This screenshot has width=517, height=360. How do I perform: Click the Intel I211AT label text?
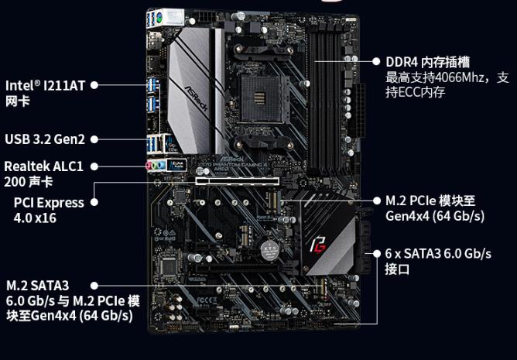(x=45, y=93)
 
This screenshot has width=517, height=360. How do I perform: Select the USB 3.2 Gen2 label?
(x=45, y=139)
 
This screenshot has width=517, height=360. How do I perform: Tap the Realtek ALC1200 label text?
(x=43, y=174)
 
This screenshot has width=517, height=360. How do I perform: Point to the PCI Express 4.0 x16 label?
(x=49, y=210)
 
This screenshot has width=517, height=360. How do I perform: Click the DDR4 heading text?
(x=427, y=62)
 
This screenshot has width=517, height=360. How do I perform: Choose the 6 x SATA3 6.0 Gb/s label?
(x=438, y=262)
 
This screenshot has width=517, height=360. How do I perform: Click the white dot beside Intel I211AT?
(x=94, y=85)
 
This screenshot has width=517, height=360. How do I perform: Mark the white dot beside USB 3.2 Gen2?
(x=94, y=139)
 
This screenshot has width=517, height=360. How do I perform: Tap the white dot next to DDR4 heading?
(x=376, y=61)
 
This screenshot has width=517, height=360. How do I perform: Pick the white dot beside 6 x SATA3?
(x=377, y=254)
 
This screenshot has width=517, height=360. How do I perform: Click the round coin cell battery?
(x=269, y=250)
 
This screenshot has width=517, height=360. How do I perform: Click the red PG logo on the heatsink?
(x=318, y=245)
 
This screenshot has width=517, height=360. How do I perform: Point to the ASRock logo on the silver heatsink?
(x=196, y=98)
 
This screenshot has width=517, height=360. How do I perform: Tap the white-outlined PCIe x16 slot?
(x=237, y=181)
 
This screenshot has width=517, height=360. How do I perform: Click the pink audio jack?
(x=149, y=165)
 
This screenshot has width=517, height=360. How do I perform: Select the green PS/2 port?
(x=159, y=16)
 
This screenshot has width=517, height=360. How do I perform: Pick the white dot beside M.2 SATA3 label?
(x=94, y=286)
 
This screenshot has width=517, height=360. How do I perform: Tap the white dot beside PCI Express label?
(x=94, y=202)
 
